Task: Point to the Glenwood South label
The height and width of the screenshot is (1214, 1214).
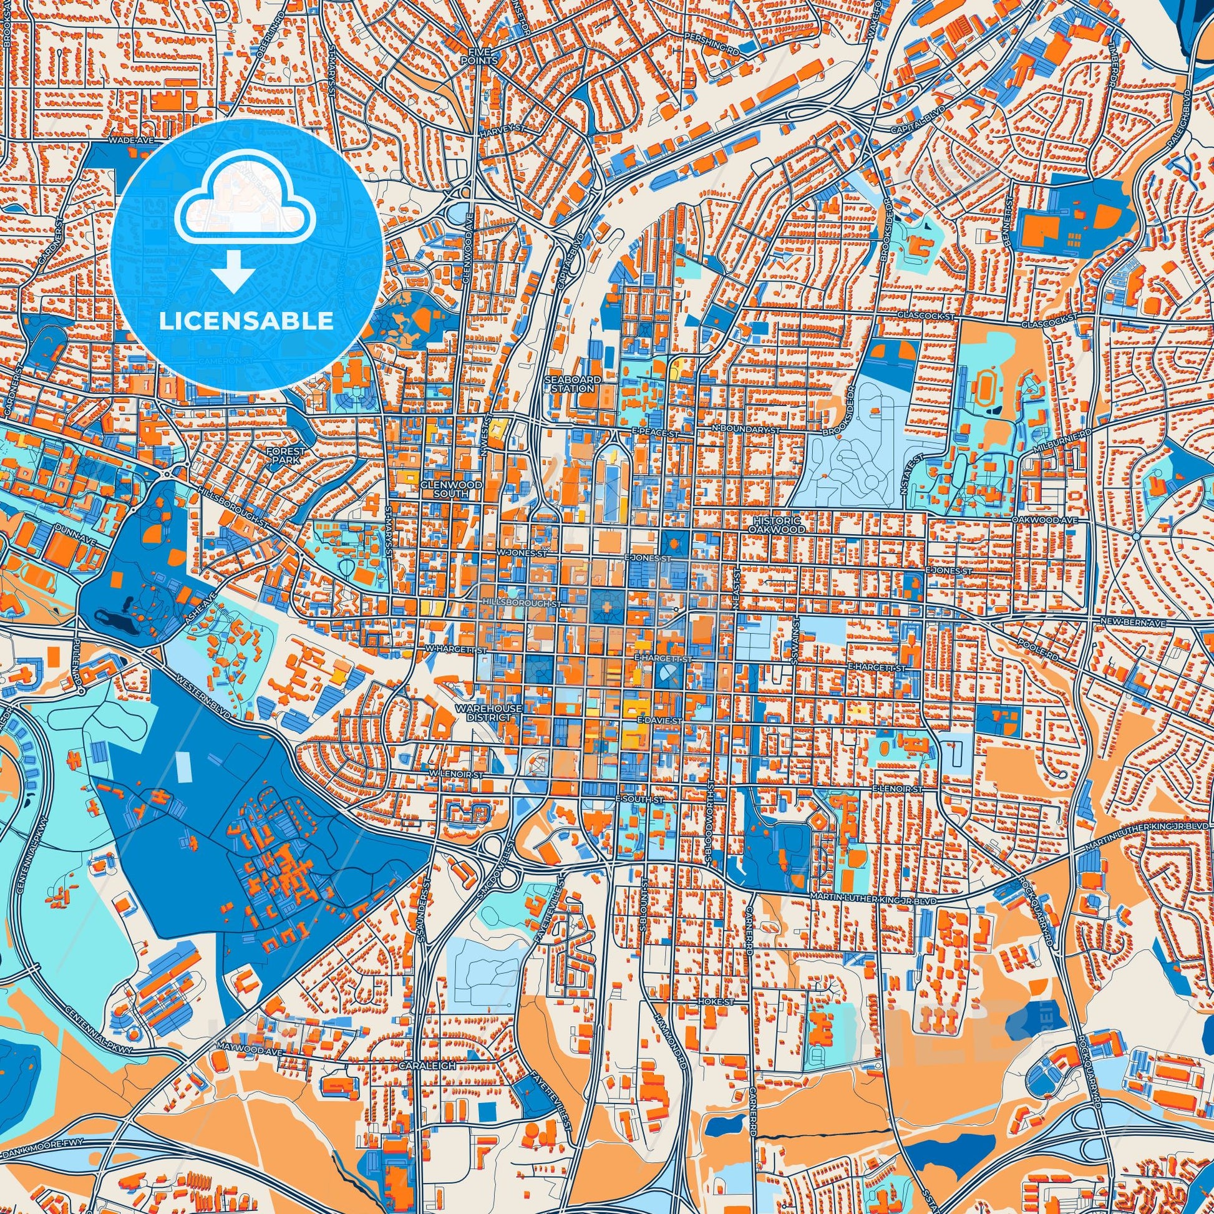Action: coord(444,490)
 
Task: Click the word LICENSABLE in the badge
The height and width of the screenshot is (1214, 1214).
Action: coord(246,321)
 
